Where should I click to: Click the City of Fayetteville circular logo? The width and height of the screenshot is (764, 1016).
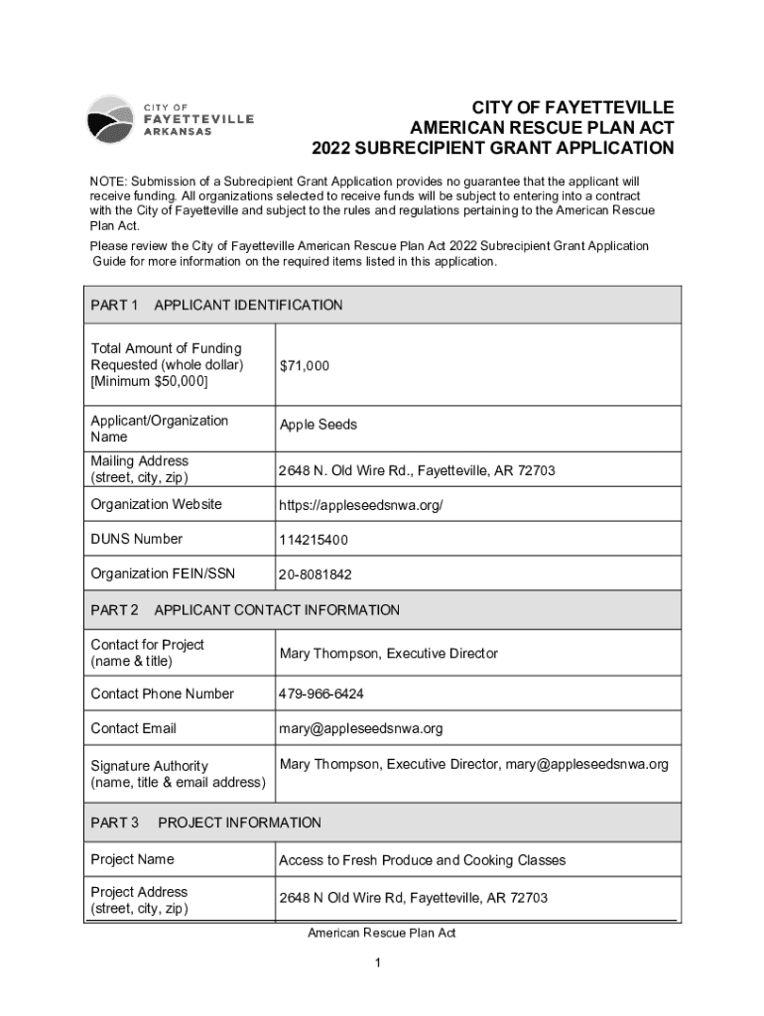pyautogui.click(x=110, y=120)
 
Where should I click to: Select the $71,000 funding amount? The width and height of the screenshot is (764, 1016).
pyautogui.click(x=305, y=366)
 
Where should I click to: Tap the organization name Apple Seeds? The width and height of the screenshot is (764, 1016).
pyautogui.click(x=318, y=425)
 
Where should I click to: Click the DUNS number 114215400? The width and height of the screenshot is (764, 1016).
pyautogui.click(x=314, y=540)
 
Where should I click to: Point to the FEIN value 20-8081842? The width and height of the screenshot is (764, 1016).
pyautogui.click(x=316, y=574)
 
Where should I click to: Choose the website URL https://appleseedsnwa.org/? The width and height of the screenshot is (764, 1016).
pyautogui.click(x=360, y=506)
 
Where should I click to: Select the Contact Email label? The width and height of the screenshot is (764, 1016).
pyautogui.click(x=133, y=728)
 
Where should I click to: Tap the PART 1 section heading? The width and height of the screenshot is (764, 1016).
pyautogui.click(x=114, y=305)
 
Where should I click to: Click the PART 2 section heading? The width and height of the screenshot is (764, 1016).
pyautogui.click(x=114, y=610)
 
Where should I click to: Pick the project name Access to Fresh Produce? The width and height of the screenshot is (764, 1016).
pyautogui.click(x=422, y=860)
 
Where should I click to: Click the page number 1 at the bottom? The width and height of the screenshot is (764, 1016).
pyautogui.click(x=381, y=963)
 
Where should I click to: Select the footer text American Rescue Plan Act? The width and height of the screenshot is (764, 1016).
pyautogui.click(x=381, y=934)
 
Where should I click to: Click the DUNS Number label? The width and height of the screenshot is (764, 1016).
pyautogui.click(x=137, y=539)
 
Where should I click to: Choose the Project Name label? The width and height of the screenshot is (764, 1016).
pyautogui.click(x=132, y=859)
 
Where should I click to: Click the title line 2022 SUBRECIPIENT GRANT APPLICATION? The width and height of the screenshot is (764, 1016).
pyautogui.click(x=492, y=149)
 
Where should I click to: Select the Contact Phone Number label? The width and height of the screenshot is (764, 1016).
pyautogui.click(x=162, y=694)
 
